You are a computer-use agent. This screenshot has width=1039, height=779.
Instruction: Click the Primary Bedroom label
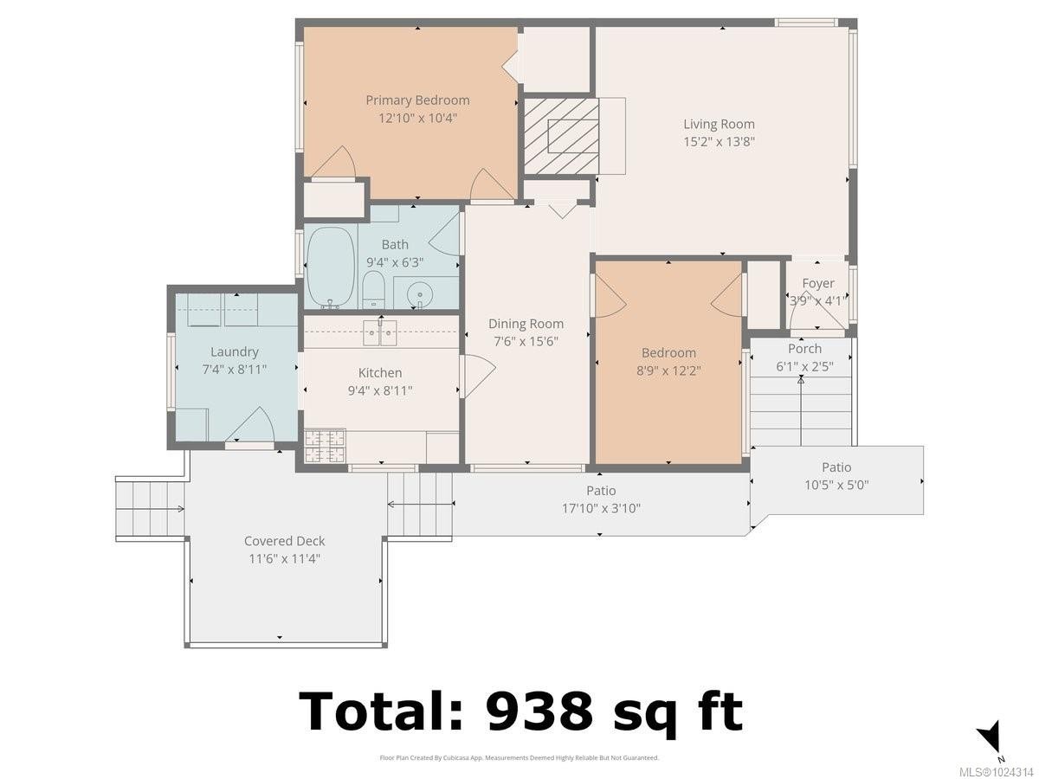(x=417, y=100)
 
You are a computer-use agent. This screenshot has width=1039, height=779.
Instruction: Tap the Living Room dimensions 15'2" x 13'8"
(x=719, y=142)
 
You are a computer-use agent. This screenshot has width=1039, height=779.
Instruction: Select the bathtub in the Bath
(x=330, y=267)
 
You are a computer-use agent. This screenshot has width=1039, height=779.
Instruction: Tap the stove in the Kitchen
(x=325, y=445)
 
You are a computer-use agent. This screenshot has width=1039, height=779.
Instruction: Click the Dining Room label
(x=526, y=324)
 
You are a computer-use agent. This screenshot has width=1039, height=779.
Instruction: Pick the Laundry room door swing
(x=251, y=426)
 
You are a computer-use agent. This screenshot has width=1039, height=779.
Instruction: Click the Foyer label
(x=818, y=283)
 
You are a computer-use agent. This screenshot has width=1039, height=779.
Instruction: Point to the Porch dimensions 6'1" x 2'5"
(x=804, y=366)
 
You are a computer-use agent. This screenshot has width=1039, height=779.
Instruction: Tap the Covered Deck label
(x=284, y=541)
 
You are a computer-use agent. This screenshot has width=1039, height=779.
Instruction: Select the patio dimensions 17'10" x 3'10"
(x=601, y=509)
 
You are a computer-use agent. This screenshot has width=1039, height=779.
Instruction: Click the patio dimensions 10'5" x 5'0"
(x=836, y=485)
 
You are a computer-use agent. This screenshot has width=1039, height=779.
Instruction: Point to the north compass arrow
(x=990, y=737)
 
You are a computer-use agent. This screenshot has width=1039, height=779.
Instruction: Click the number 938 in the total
(x=539, y=711)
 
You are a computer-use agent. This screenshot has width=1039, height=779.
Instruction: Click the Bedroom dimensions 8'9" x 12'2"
(x=668, y=370)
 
